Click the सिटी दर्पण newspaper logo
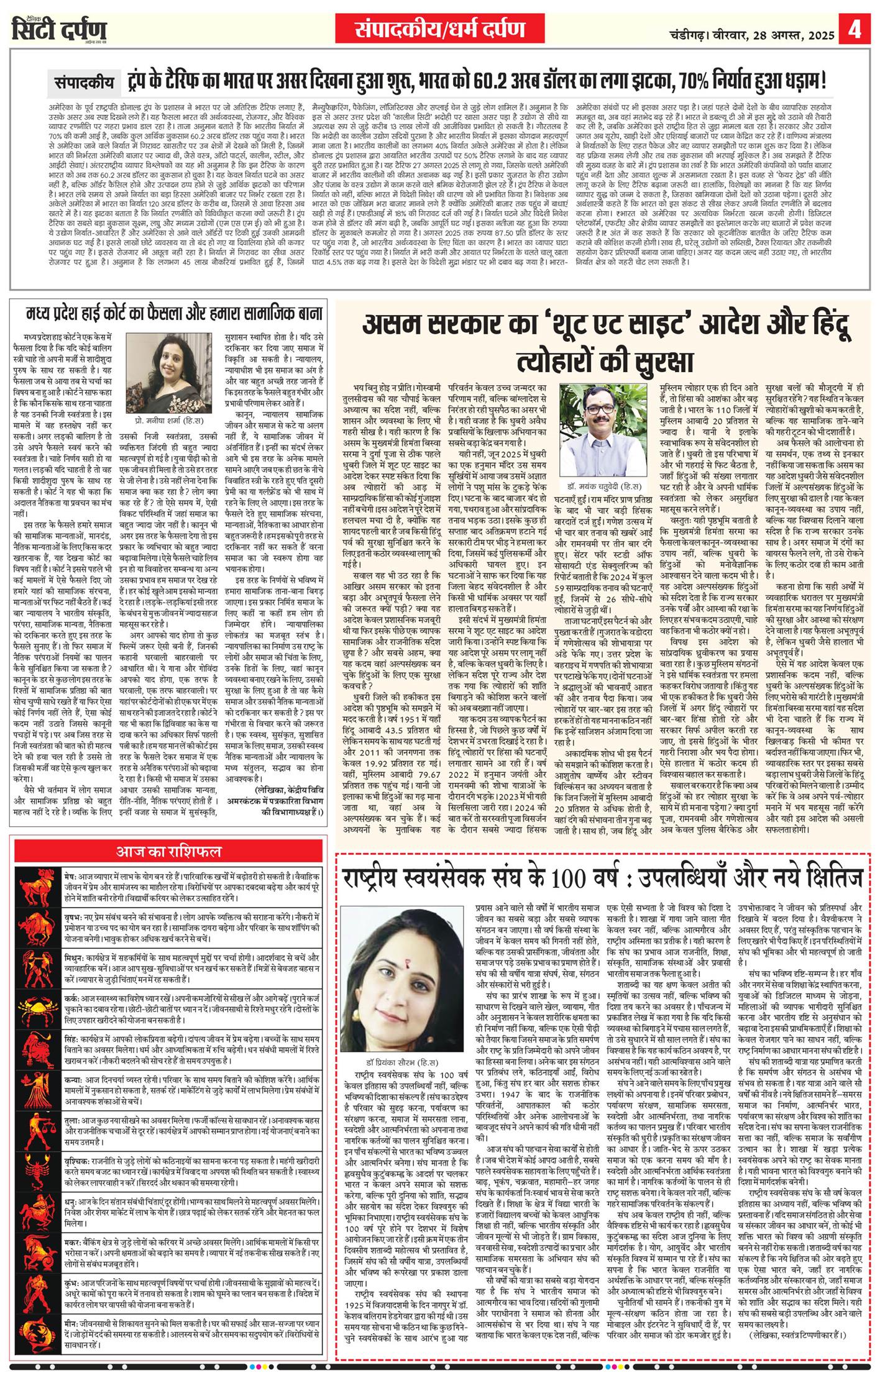(59, 29)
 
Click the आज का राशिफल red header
(169, 851)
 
